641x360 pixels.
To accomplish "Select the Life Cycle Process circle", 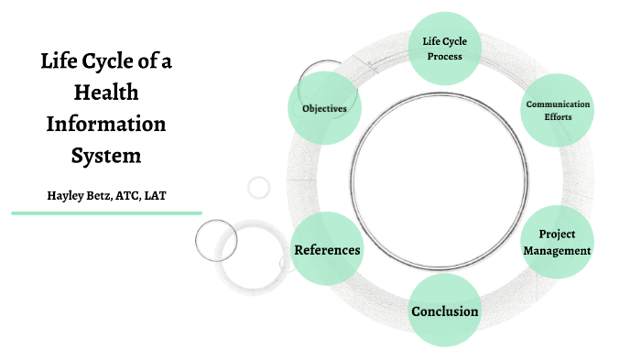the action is tap(442, 49).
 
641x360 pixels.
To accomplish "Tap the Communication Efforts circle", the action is tap(557, 111).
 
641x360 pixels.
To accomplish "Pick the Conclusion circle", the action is tap(444, 311).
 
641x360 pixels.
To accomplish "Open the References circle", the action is tap(326, 249).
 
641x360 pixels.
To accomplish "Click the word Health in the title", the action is tap(106, 93).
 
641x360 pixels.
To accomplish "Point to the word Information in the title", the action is tap(106, 123).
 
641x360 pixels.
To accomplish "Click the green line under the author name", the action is tap(106, 213).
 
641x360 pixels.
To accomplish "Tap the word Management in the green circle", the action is tap(557, 250).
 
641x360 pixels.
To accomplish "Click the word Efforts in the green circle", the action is tap(558, 118).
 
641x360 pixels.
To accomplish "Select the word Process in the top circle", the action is tap(442, 56).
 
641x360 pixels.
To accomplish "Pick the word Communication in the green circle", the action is tap(558, 104).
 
